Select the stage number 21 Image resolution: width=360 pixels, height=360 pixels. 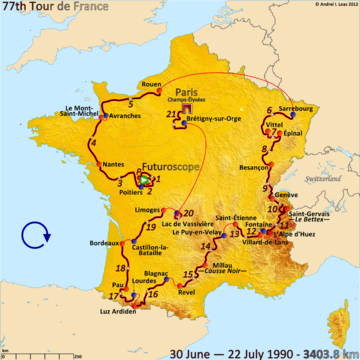pyautogui.click(x=171, y=116)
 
